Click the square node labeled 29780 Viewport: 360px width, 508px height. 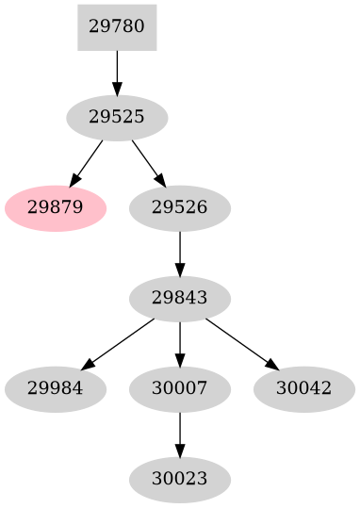point(117,26)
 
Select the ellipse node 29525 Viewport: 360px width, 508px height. point(117,118)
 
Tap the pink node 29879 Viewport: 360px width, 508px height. point(55,206)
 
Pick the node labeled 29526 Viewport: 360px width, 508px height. point(179,206)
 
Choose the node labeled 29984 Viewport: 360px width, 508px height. point(55,387)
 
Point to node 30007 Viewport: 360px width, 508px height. point(179,387)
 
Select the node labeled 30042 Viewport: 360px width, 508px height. point(303,387)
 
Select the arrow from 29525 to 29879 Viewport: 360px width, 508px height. point(88,160)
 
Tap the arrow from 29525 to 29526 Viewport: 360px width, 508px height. point(147,161)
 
